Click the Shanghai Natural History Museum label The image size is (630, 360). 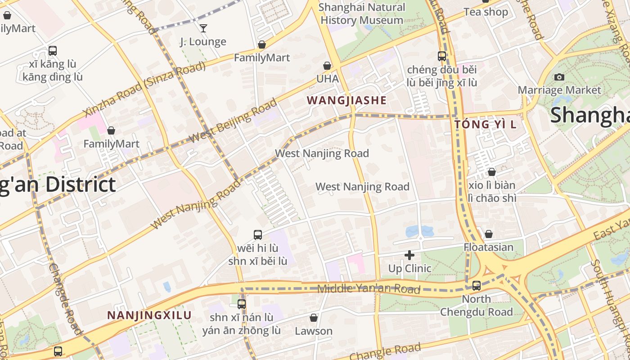361,13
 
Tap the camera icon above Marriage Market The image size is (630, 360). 559,77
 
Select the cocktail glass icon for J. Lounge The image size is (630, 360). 203,28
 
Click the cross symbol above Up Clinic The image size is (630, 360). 409,255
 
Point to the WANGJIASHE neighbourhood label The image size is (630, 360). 346,100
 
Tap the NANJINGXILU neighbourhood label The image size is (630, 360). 149,315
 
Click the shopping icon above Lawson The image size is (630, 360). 314,318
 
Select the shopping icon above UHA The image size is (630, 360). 327,66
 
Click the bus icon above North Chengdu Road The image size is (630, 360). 476,285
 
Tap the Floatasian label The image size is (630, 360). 488,247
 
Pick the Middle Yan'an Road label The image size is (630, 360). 369,289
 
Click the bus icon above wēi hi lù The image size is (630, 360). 257,234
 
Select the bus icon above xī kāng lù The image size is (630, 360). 53,50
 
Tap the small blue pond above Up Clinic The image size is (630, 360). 419,231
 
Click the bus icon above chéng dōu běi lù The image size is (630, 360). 442,56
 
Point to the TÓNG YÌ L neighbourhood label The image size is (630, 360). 485,124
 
